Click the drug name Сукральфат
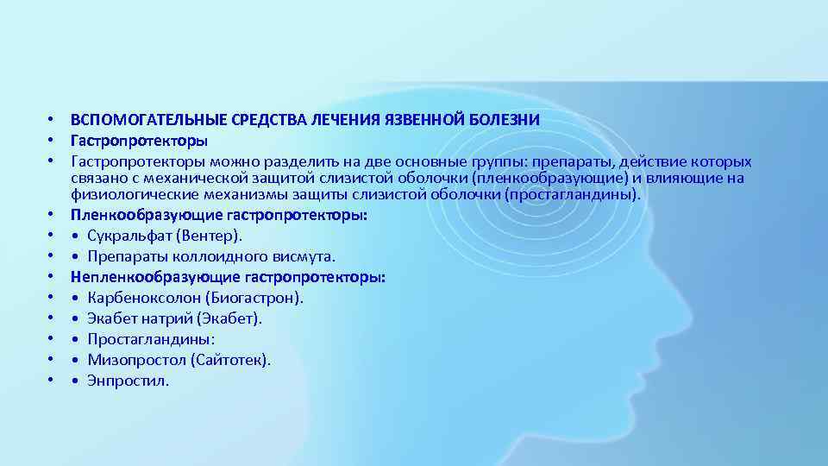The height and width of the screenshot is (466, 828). tap(129, 236)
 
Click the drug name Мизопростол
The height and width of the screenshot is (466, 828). tap(136, 360)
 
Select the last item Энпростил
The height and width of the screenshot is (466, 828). tap(129, 381)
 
